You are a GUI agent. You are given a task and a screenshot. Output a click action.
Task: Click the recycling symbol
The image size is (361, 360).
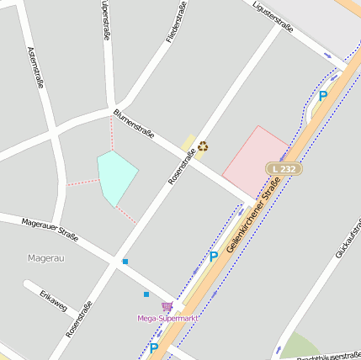pos(203,146)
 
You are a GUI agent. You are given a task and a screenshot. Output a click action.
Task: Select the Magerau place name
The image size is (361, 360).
pos(45,258)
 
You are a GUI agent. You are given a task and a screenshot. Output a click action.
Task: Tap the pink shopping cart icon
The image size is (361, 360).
pos(167,307)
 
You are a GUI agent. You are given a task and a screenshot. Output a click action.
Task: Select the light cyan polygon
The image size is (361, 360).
pos(116,176)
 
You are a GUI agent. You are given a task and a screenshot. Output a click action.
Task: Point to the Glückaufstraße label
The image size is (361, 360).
pos(347,239)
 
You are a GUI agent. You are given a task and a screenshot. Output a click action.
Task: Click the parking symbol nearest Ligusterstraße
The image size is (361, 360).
pos(323,97)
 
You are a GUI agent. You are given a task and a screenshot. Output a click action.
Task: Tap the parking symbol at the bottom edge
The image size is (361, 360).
pos(154,347)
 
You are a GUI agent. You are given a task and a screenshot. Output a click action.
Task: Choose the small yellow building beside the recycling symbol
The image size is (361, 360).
pos(188,144)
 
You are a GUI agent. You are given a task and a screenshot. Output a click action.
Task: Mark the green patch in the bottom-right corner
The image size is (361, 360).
pos(299,347)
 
